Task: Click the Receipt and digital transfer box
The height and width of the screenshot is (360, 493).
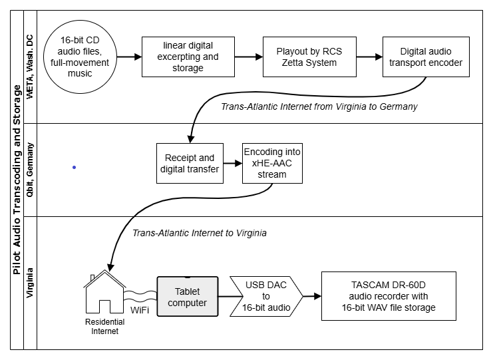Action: coord(188,163)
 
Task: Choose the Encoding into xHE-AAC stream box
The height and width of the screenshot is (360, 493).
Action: coord(273,162)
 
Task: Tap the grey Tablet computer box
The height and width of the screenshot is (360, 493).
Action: coord(187,297)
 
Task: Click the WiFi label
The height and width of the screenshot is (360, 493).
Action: coord(139,310)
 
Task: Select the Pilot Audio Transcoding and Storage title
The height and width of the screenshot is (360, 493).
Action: coord(17,180)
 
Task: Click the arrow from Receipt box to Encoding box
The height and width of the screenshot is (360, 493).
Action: coord(231,162)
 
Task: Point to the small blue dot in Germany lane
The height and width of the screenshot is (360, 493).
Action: coord(74,168)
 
